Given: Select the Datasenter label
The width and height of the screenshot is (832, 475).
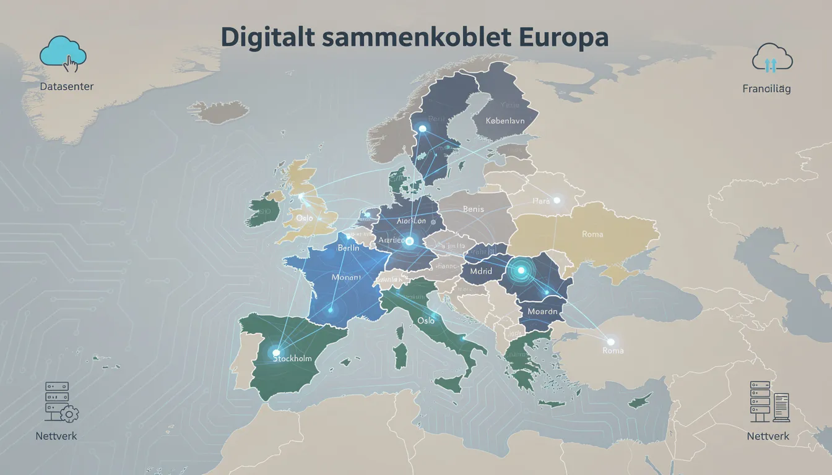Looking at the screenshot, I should [66, 87].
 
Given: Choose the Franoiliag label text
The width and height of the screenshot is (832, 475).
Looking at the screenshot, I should [766, 89].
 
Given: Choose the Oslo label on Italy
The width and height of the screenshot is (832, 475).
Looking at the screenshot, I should [425, 321].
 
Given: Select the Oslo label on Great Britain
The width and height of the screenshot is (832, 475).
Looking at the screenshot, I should [305, 218].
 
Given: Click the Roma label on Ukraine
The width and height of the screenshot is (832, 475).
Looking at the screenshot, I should [592, 234].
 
